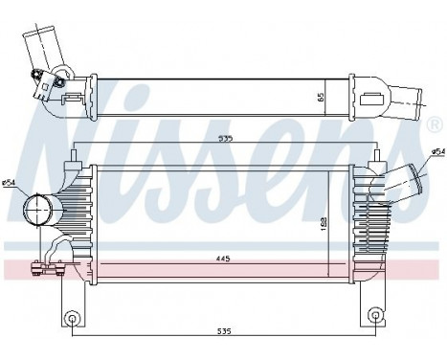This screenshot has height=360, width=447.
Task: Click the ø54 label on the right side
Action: point(437,151)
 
